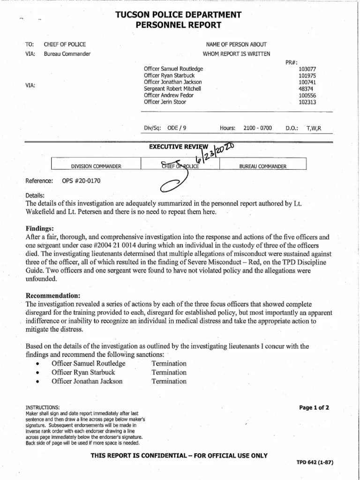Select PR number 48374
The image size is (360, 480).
[x=307, y=89]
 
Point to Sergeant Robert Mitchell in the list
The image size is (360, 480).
[x=173, y=89]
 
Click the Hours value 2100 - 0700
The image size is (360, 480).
[x=257, y=127]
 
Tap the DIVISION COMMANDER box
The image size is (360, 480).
[x=96, y=166]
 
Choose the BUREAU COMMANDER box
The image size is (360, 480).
[x=263, y=166]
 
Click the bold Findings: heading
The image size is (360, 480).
[x=40, y=228]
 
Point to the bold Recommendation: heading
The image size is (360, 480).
[x=53, y=296]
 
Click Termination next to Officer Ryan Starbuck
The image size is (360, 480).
[x=169, y=372]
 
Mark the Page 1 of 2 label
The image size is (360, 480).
[x=314, y=407]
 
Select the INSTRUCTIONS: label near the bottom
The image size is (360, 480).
[x=43, y=407]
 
